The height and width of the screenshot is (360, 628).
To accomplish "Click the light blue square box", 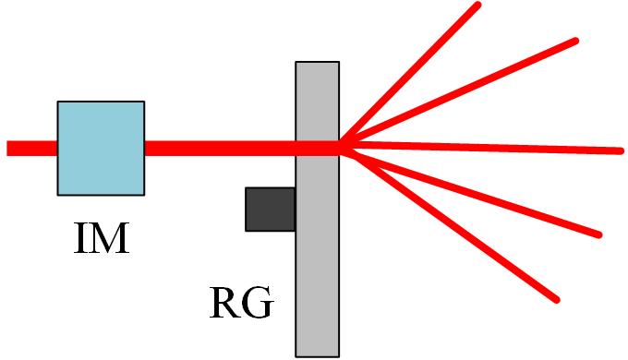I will (x=101, y=148).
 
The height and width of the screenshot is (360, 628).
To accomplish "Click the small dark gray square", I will (x=270, y=209).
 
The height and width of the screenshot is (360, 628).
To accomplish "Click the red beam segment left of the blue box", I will (x=31, y=148).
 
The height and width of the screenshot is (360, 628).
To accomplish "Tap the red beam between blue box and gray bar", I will (x=220, y=148).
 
